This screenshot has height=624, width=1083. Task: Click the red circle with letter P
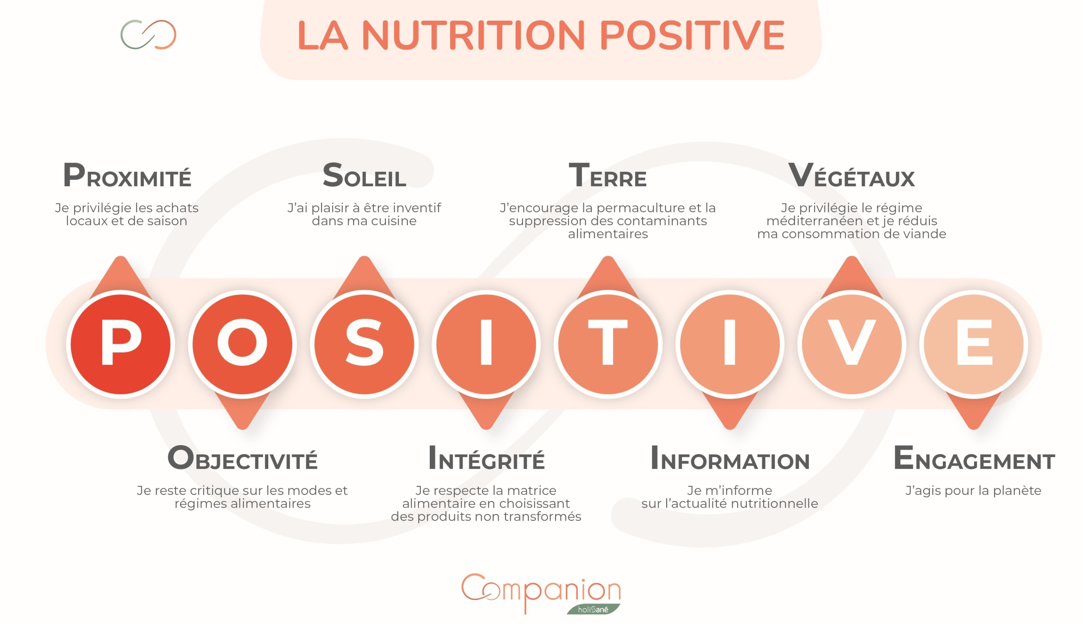[x=120, y=344]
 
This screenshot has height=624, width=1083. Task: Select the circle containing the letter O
[x=242, y=344]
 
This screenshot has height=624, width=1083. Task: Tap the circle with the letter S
[x=364, y=344]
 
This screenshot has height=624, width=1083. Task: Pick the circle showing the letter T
[x=607, y=344]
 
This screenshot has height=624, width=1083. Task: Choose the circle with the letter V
[x=851, y=344]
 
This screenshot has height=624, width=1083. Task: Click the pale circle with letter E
[x=973, y=344]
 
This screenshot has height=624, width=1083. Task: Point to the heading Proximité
[x=127, y=175]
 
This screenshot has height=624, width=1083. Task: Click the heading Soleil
[x=364, y=175]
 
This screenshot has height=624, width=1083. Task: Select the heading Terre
[x=607, y=175]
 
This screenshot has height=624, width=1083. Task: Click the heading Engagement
[x=974, y=458]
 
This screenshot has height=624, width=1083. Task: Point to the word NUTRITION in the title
[x=473, y=35]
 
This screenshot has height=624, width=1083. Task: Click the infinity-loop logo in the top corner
[x=148, y=34]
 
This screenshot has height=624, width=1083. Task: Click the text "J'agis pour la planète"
[x=973, y=490]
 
